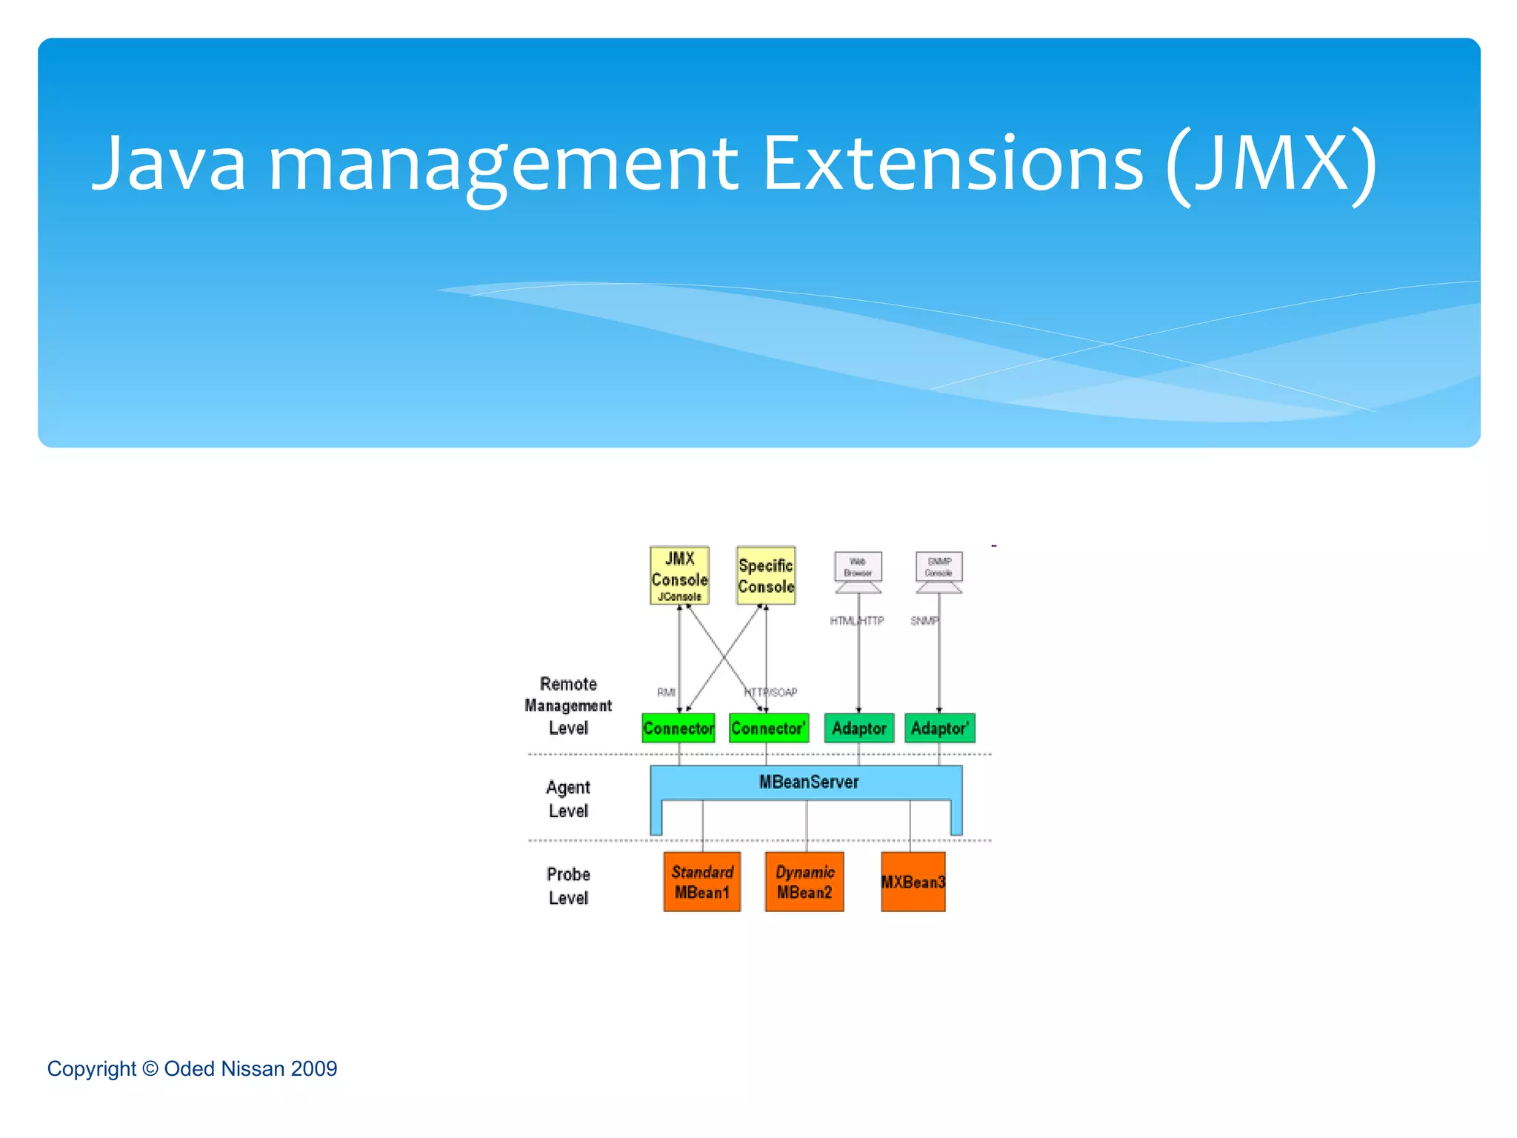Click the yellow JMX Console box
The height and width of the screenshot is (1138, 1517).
click(679, 576)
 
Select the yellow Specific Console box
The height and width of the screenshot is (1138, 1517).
click(766, 576)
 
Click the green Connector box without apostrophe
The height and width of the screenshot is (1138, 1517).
click(679, 728)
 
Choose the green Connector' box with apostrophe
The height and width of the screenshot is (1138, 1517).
click(768, 728)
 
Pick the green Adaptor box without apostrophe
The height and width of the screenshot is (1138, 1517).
click(859, 728)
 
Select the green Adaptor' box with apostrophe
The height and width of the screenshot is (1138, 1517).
click(939, 728)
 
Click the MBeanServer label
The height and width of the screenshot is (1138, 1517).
click(809, 782)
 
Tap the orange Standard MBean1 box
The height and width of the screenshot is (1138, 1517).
click(702, 882)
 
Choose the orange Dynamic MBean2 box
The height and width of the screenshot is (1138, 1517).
click(804, 882)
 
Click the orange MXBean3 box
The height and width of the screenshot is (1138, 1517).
click(913, 882)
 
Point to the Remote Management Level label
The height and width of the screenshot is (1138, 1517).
click(568, 705)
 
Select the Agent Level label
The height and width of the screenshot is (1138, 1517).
click(568, 799)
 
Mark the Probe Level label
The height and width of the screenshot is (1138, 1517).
click(568, 886)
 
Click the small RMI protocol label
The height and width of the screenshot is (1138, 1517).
click(666, 692)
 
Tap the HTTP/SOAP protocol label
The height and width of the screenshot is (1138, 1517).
click(771, 692)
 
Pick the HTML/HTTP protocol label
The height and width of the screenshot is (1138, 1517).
click(856, 621)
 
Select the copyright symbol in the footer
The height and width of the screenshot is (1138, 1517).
click(150, 1068)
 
